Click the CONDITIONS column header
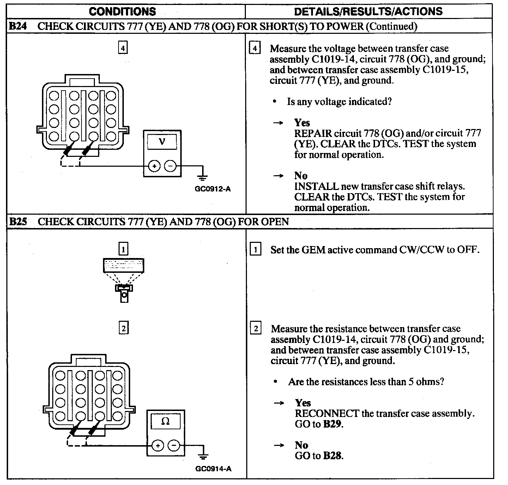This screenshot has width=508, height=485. point(122,11)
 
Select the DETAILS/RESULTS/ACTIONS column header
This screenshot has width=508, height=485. point(368,11)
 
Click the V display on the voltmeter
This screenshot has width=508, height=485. point(162,142)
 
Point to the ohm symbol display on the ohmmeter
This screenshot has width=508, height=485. point(165,421)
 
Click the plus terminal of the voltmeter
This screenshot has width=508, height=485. point(154,165)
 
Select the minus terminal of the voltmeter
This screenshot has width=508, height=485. point(170,165)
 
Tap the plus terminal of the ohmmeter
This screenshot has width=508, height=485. point(158,446)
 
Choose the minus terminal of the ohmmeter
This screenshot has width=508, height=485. point(174,446)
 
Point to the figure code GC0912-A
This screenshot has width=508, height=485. point(213,189)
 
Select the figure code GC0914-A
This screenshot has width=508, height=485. point(213,469)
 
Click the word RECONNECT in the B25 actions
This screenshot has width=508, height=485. point(327,413)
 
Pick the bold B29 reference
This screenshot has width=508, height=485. point(332,424)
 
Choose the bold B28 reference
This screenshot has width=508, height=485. point(332,456)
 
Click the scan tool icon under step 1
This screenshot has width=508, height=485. point(123,280)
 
